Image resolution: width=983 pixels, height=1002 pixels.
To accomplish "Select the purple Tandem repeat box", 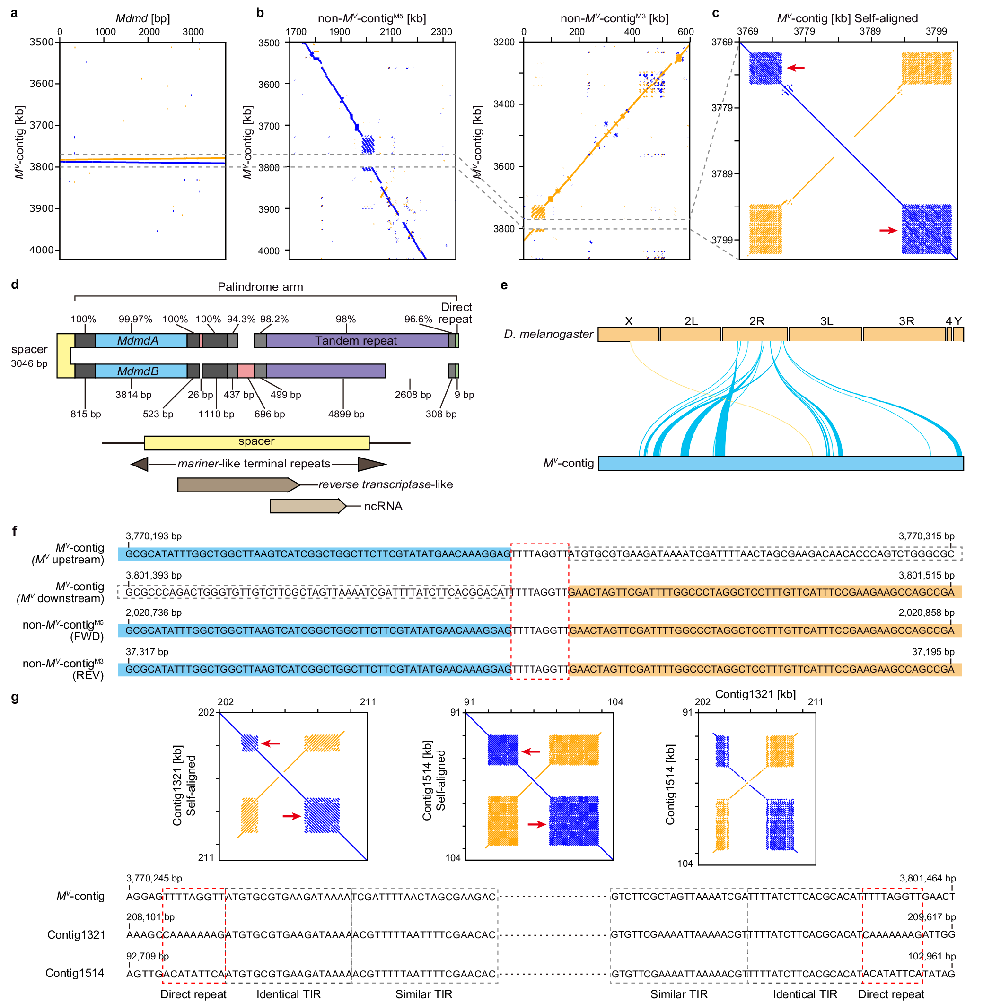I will [356, 340].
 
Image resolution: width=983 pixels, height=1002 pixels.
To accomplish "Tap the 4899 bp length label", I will [346, 414].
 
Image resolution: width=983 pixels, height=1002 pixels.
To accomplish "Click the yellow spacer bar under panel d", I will [256, 442].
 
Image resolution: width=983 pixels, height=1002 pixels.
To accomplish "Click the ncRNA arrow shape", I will [307, 506].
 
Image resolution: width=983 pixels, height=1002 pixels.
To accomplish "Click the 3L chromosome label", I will [826, 321].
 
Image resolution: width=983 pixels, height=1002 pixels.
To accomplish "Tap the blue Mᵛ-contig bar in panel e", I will [780, 463].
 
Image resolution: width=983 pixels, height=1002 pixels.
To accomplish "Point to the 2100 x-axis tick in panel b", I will [390, 32].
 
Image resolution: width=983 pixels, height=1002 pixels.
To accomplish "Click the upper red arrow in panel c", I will [796, 68].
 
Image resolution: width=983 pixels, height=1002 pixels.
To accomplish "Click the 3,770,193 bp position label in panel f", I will [153, 536].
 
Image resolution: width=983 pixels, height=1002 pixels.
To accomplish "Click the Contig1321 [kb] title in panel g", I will [755, 694].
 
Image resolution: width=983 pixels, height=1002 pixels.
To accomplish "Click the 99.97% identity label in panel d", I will [135, 319].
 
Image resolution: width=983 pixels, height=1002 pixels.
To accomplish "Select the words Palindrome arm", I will [260, 287].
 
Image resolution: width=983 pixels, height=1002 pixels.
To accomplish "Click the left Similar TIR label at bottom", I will [423, 994].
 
